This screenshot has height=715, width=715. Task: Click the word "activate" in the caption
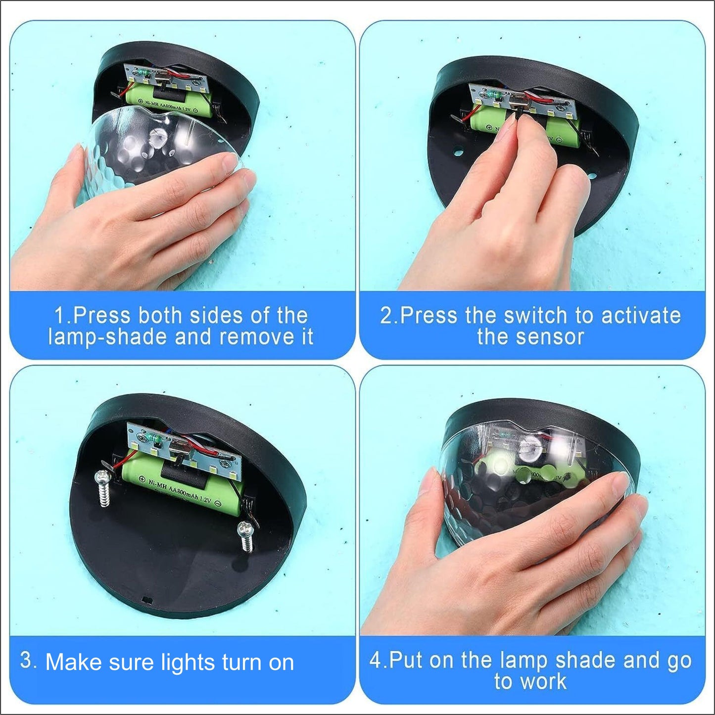point(641,315)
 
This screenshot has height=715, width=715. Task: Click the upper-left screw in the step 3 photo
point(102,487)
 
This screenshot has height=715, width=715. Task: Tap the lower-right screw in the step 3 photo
point(245,537)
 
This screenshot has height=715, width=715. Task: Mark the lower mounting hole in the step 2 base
point(591,176)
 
